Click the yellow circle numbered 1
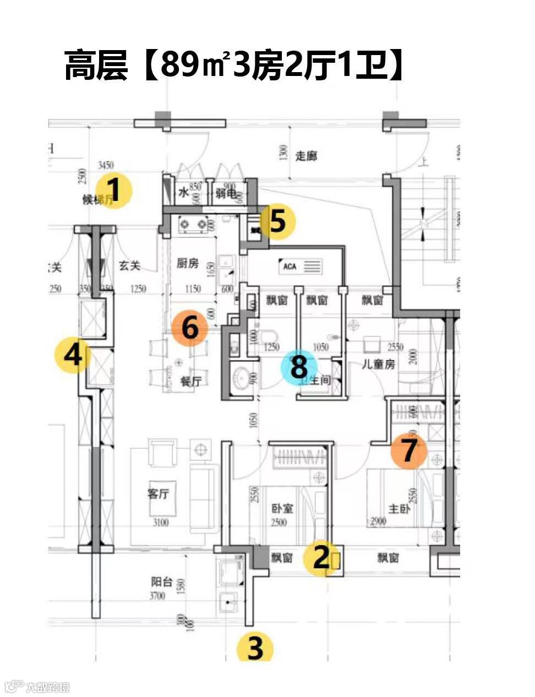tap(113, 190)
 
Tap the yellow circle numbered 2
tap(322, 558)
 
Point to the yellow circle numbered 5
tap(277, 221)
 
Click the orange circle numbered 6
tap(190, 328)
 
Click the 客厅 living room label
tap(158, 493)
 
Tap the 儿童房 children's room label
tap(378, 364)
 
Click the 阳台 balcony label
tap(162, 582)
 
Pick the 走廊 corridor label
tap(306, 156)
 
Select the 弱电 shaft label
tap(226, 193)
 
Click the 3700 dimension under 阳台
tap(157, 596)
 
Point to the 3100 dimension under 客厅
tap(160, 522)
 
